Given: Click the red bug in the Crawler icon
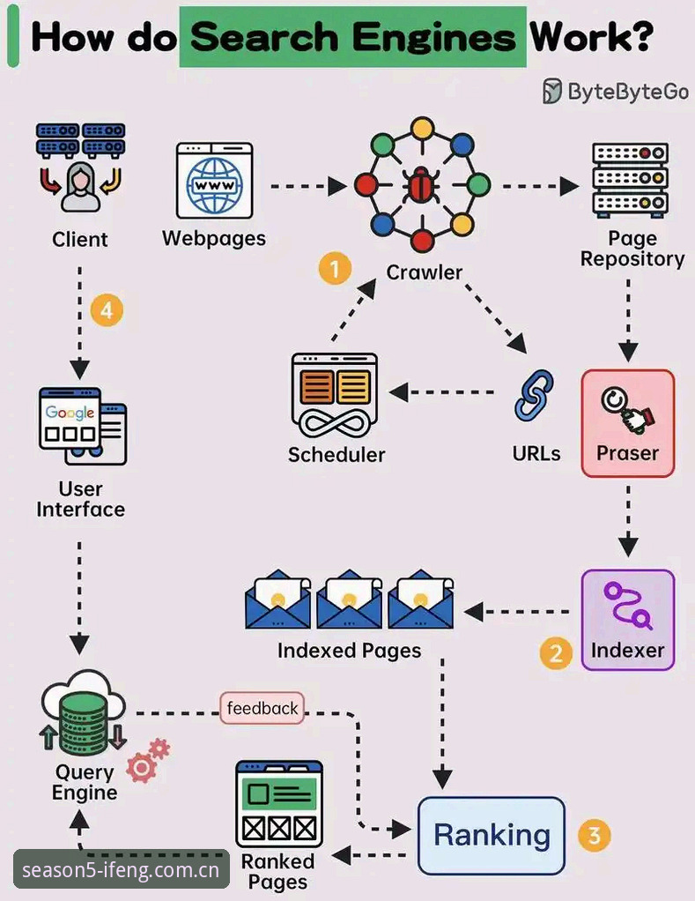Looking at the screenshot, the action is pos(422,185).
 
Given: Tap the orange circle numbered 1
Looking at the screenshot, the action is pos(335,268).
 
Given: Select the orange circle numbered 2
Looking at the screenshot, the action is pos(556,653).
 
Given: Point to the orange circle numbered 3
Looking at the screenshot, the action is pos(594,835).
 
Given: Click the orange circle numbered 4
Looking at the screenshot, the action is pos(107,310).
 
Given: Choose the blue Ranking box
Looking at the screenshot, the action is pos(492,836).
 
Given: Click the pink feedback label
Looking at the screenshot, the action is pos(262,708).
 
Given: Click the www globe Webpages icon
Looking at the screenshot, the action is pos(215,181).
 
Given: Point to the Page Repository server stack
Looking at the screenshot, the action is pos(630,180).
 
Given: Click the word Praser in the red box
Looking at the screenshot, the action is pos(627,453).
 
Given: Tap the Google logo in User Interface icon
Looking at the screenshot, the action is pos(70,412).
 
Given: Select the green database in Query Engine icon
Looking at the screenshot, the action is pos(84,724).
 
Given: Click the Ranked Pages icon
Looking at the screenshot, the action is pos(279,804).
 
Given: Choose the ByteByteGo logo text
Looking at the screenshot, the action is pos(628,92).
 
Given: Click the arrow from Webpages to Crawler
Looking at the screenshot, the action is pos(309,186).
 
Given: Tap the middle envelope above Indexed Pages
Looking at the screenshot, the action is pos(349,599).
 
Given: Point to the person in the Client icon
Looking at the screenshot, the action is pos(80,187).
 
